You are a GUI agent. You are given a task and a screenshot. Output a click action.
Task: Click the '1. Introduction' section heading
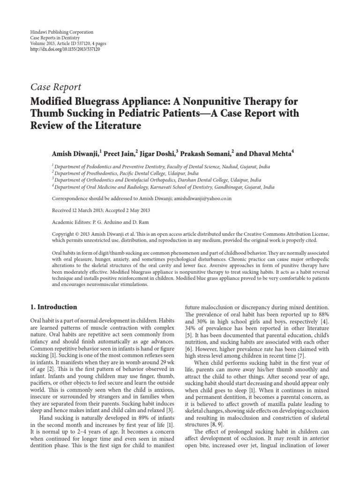(54, 307)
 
